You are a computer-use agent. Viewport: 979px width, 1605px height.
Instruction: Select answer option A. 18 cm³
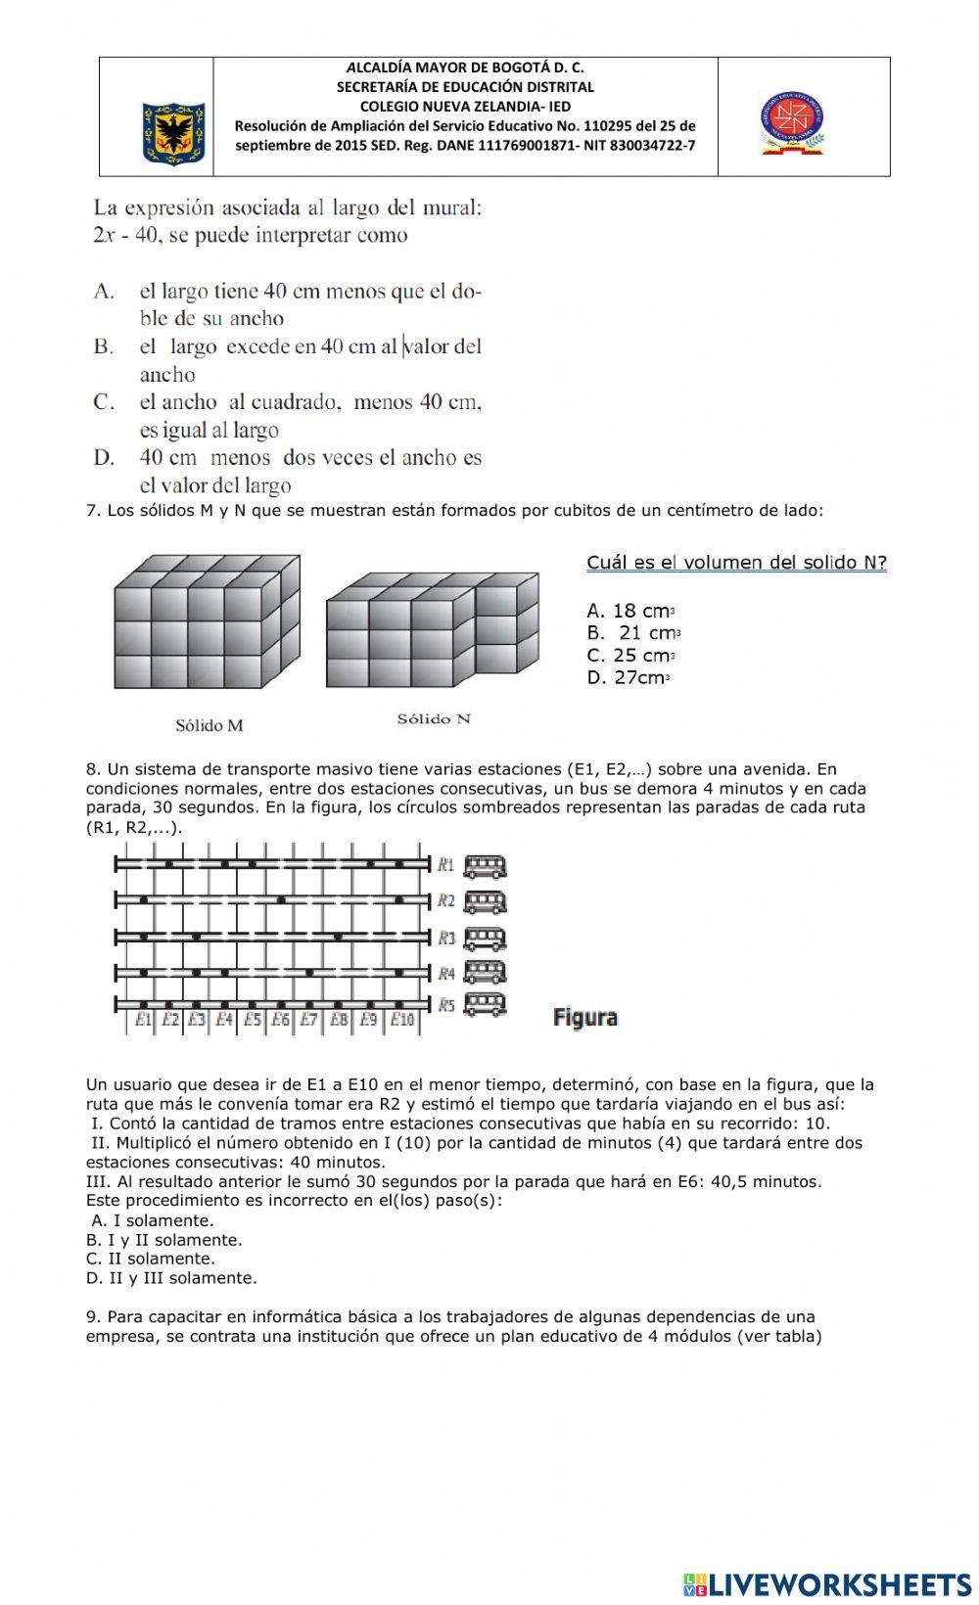(x=631, y=612)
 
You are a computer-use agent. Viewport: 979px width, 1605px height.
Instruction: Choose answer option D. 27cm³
(x=628, y=678)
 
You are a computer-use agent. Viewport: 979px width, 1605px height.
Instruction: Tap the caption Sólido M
(x=209, y=725)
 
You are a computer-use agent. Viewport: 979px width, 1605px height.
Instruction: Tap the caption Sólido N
(x=433, y=719)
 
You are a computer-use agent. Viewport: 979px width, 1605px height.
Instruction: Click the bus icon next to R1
(x=485, y=866)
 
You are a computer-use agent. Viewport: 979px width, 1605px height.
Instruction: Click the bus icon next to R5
(x=485, y=1005)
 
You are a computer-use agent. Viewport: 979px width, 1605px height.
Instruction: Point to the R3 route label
(x=446, y=939)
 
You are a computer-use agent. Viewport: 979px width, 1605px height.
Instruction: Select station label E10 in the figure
(x=402, y=1020)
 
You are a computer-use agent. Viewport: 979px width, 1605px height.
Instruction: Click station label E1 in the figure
(x=144, y=1020)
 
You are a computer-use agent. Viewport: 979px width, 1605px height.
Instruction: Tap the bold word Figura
(x=585, y=1018)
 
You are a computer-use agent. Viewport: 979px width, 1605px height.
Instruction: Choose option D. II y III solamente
(x=171, y=1278)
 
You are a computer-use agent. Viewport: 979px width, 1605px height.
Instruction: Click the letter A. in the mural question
(x=105, y=292)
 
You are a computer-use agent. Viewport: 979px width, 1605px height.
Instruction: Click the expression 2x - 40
(x=125, y=236)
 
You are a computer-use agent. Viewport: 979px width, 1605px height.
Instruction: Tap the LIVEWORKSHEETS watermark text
(x=838, y=1584)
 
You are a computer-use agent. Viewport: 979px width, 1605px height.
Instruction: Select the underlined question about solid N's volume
(x=736, y=563)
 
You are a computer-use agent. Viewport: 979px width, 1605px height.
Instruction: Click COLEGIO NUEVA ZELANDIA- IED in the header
(x=465, y=106)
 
